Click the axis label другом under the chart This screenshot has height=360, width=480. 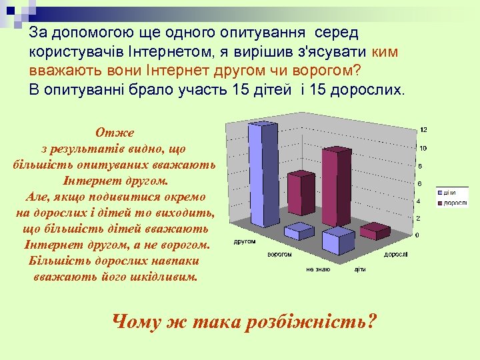pyautogui.click(x=244, y=241)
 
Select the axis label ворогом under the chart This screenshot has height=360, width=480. pyautogui.click(x=281, y=255)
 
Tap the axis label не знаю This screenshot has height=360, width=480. pyautogui.click(x=318, y=269)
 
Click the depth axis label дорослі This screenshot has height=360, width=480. pyautogui.click(x=395, y=254)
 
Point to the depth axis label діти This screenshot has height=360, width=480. pyautogui.click(x=361, y=269)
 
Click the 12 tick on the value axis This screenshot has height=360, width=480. pyautogui.click(x=423, y=129)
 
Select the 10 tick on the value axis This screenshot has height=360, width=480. pyautogui.click(x=423, y=148)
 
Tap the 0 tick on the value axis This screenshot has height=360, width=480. pyautogui.click(x=418, y=235)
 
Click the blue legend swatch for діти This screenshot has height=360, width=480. pyautogui.click(x=440, y=193)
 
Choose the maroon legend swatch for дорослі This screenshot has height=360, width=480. pyautogui.click(x=440, y=201)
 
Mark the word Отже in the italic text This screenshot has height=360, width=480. pyautogui.click(x=114, y=133)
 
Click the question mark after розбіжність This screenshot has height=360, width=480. pyautogui.click(x=371, y=323)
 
